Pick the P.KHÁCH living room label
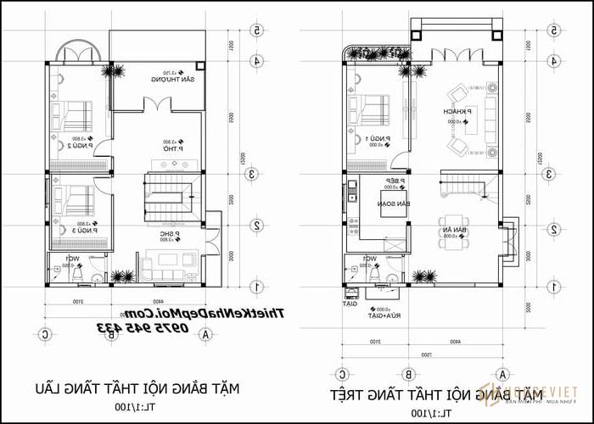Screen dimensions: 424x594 (x=451, y=112)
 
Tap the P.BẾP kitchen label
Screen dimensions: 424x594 (x=395, y=181)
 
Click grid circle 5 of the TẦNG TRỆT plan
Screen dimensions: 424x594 (x=553, y=30)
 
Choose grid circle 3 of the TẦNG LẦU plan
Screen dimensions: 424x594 (x=253, y=174)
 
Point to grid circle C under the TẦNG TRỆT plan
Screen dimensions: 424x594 (x=342, y=372)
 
